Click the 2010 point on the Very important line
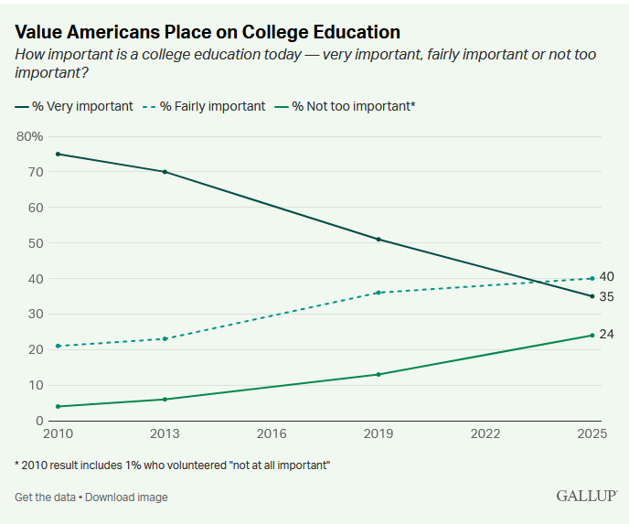59,154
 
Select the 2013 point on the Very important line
165,172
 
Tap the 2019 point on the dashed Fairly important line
378,293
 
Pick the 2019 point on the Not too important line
378,374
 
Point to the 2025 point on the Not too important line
592,335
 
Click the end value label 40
606,276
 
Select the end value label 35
606,296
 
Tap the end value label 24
606,334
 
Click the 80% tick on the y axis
29,136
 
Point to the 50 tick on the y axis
36,243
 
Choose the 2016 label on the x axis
272,433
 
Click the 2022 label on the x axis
485,433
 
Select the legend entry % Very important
74,106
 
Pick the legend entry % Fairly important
204,106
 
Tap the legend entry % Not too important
345,106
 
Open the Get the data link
45,497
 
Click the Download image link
126,497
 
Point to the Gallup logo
586,496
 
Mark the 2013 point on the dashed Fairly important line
165,338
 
